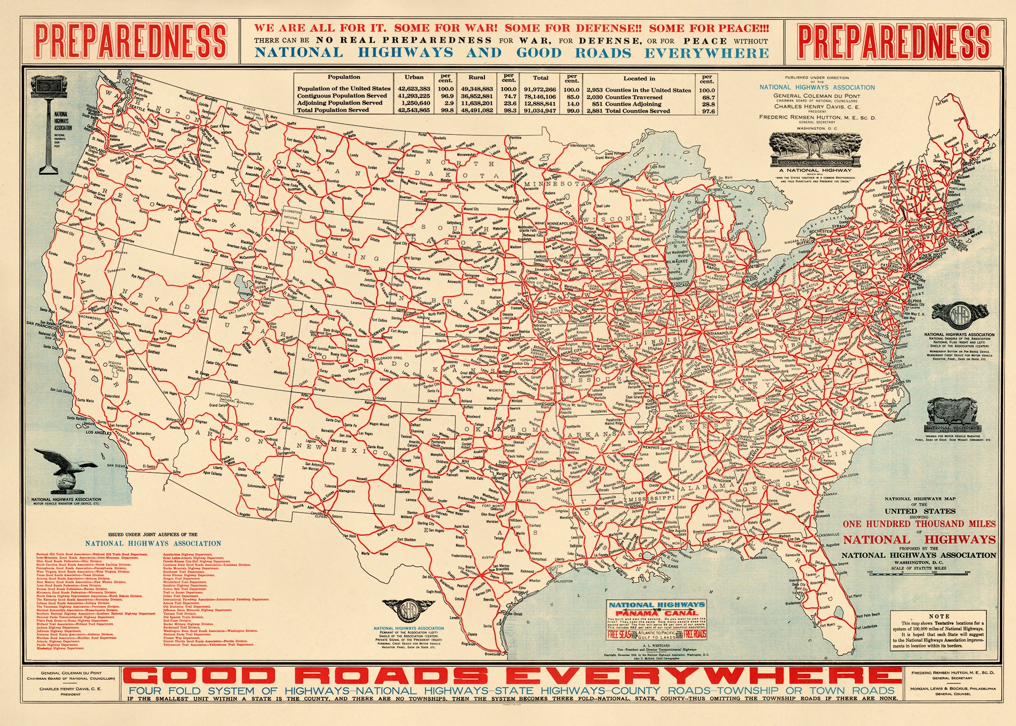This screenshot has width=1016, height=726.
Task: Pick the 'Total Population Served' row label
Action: pos(333,110)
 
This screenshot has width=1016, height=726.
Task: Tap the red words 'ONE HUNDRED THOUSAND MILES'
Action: pos(919,524)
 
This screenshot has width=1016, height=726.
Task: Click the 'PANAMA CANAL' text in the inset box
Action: pos(656,612)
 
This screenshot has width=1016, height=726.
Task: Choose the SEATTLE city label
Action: pos(124,104)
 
